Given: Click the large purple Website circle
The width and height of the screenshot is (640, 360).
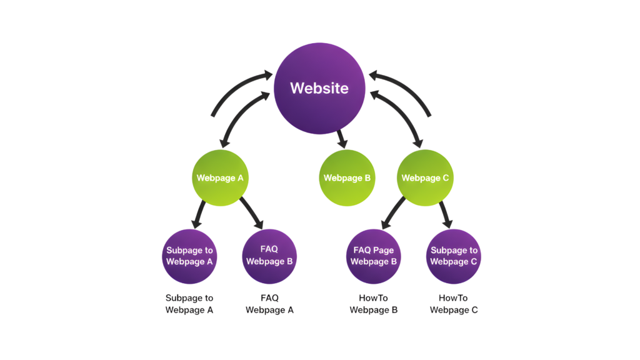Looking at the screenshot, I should (x=319, y=87).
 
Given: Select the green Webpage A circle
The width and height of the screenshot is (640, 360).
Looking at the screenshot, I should (x=220, y=177).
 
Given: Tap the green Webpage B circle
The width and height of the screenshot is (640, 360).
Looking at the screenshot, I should (x=347, y=177).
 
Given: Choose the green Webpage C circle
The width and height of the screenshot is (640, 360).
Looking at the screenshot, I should (x=425, y=177).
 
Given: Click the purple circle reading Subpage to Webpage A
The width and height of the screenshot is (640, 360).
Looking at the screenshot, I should (x=189, y=256).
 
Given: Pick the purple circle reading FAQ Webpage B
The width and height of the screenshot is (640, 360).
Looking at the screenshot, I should (x=269, y=256).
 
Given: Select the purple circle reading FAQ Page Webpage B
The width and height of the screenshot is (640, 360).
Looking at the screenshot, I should (x=373, y=256).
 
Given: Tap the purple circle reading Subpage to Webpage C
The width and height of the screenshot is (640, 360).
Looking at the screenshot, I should (x=453, y=256).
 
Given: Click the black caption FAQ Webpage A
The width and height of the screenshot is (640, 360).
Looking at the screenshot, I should (x=269, y=304).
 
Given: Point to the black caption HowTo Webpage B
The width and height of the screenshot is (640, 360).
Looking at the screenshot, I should (x=374, y=304).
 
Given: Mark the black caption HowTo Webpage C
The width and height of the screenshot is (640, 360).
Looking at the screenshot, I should (x=454, y=304).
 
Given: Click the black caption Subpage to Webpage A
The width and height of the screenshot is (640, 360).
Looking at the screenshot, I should (x=189, y=304).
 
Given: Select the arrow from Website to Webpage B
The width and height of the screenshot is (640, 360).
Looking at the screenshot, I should (x=341, y=139).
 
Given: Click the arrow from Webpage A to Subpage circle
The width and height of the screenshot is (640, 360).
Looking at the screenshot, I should (x=199, y=214).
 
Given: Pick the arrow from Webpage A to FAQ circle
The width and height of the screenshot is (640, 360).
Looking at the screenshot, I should (x=252, y=214).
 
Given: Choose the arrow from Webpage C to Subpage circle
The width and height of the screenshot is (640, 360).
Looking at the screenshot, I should (x=445, y=214).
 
